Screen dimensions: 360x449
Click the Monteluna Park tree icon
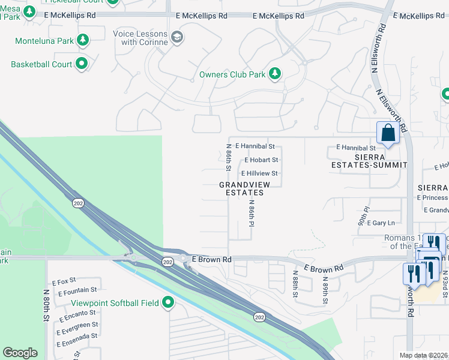[x=83, y=41]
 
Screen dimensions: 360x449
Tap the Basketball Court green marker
[x=82, y=64]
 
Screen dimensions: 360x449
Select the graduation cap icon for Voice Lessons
[x=176, y=38]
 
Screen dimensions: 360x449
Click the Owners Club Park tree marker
[x=275, y=74]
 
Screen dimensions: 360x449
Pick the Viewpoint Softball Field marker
[x=168, y=303]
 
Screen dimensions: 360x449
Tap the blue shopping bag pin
[x=388, y=133]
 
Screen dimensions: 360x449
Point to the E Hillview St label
[x=259, y=173]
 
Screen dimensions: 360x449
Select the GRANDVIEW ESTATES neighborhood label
[x=241, y=189]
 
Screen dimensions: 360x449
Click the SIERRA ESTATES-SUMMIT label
[x=369, y=160]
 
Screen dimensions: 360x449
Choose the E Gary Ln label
[x=382, y=223]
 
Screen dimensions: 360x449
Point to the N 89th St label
[x=325, y=286]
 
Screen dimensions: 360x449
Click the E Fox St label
[x=64, y=281]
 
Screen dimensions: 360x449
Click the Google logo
[x=20, y=353]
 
